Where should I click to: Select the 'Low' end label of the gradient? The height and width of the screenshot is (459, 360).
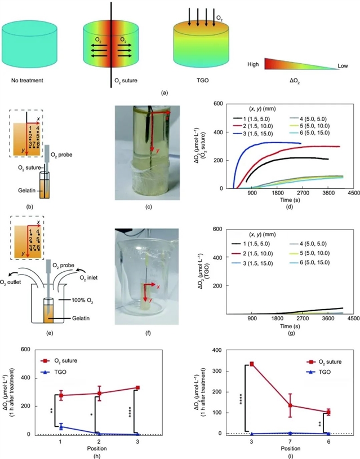pos(343,65)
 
